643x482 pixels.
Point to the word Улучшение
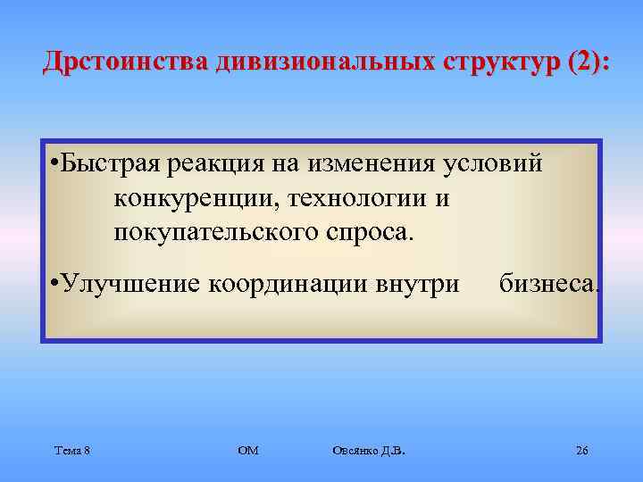point(130,284)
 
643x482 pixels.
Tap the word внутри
point(417,284)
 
